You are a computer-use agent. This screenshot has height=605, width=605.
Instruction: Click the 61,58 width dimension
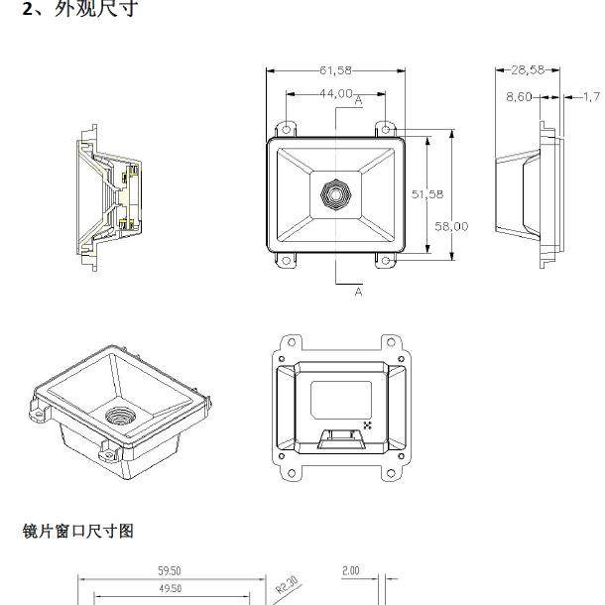tap(335, 70)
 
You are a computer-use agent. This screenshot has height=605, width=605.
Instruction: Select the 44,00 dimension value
tap(335, 93)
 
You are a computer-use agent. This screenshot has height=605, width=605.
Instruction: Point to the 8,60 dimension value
tap(519, 96)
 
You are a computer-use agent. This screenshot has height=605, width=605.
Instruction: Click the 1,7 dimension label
tap(590, 96)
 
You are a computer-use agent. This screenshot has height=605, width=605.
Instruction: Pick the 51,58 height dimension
tap(427, 194)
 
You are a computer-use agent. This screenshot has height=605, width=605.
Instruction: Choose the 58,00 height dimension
tap(451, 226)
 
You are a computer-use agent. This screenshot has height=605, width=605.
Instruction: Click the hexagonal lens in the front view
tap(335, 194)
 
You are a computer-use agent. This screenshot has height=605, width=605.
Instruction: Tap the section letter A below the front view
tap(358, 292)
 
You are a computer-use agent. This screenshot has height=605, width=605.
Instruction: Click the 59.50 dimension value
tap(170, 571)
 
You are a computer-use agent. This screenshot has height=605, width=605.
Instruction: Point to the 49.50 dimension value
tap(170, 588)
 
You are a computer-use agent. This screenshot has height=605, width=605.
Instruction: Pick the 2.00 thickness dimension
tap(350, 571)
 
